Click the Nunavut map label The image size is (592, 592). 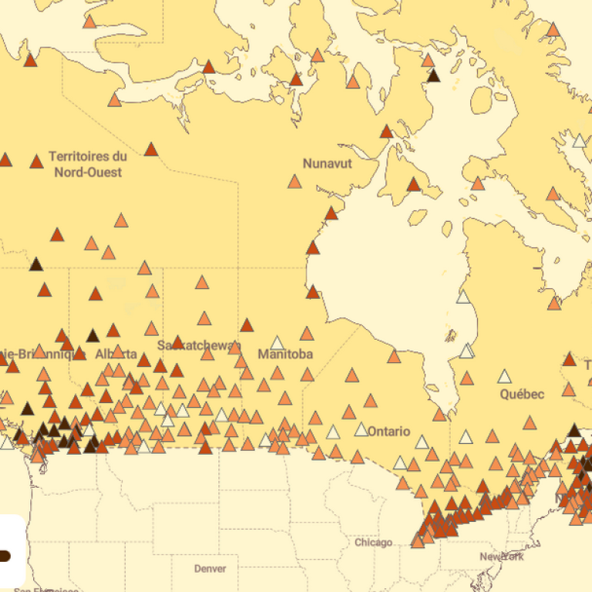tap(327, 163)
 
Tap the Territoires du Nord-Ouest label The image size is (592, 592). tap(88, 163)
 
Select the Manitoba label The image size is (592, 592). tap(285, 355)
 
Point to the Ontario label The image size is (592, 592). tap(388, 431)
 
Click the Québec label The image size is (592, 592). tap(523, 394)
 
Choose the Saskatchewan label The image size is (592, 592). tap(199, 345)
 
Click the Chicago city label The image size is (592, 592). tap(373, 543)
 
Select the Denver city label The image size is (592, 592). tap(210, 569)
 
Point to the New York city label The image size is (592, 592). tap(502, 557)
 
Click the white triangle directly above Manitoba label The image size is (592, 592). tap(277, 342)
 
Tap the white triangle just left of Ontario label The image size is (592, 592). tap(362, 429)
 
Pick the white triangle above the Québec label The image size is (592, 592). tap(504, 377)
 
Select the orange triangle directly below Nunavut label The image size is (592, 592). tap(294, 182)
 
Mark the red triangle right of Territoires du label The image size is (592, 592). tap(151, 150)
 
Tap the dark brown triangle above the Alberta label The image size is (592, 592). tap(93, 335)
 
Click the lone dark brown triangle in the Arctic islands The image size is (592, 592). tap(433, 75)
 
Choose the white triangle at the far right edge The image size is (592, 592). tap(579, 140)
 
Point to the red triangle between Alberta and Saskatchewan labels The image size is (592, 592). tap(144, 360)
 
